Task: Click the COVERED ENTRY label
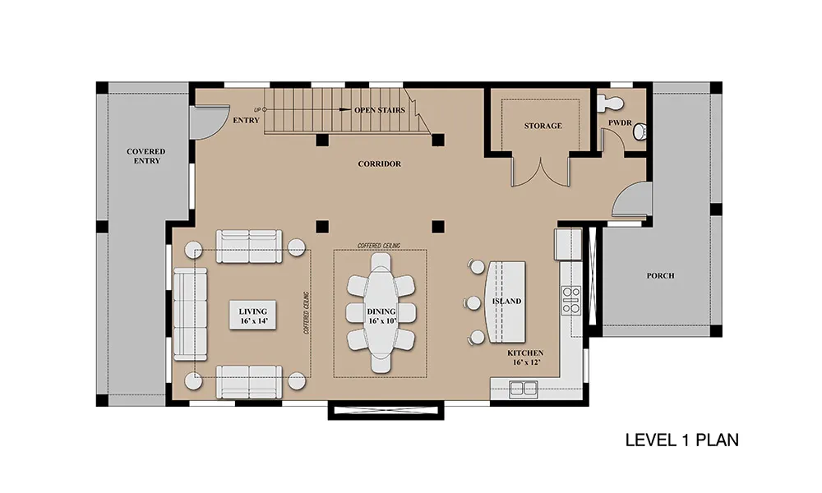[x=145, y=156]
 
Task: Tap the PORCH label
[x=660, y=275]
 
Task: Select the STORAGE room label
[x=543, y=126]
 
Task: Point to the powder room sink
[x=640, y=132]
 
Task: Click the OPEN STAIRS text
[x=380, y=110]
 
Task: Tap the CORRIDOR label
[x=380, y=164]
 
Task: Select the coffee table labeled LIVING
[x=252, y=316]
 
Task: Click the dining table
[x=381, y=313]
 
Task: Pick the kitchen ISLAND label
[x=506, y=302]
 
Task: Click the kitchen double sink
[x=524, y=389]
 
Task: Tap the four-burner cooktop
[x=571, y=300]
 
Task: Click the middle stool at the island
[x=473, y=302]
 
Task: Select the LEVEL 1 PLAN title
[x=682, y=440]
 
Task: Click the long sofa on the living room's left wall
[x=190, y=314]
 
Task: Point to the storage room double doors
[x=541, y=170]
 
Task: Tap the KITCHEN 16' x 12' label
[x=524, y=357]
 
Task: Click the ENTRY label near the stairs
[x=246, y=121]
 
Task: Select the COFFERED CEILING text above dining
[x=379, y=246]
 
